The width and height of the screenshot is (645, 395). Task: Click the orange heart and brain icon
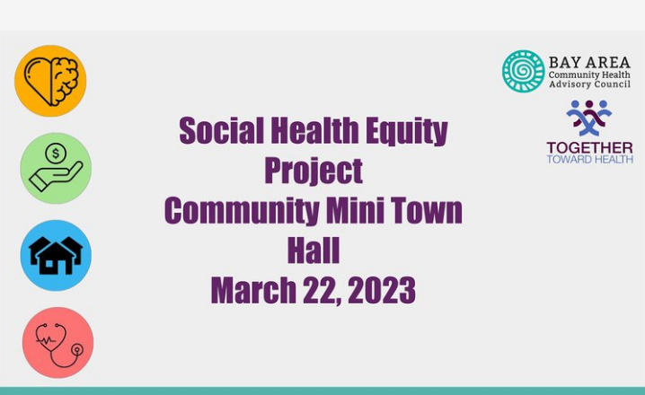50,81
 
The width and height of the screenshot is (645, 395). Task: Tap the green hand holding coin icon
56,168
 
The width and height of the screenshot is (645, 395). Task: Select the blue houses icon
56,255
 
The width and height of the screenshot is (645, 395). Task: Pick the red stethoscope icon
58,343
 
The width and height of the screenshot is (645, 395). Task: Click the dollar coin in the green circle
56,154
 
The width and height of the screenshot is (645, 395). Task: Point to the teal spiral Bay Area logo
523,71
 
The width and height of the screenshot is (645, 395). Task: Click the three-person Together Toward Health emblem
589,118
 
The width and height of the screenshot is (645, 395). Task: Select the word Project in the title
314,171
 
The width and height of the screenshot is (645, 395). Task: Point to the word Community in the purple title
242,211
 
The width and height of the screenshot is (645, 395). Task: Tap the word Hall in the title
314,250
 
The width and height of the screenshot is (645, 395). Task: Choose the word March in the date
253,290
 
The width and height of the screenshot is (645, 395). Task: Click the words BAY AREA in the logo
589,63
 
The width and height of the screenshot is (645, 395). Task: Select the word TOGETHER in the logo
589,148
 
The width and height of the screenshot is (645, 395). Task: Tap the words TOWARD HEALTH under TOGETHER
589,159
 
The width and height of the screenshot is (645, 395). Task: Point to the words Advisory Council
589,84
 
